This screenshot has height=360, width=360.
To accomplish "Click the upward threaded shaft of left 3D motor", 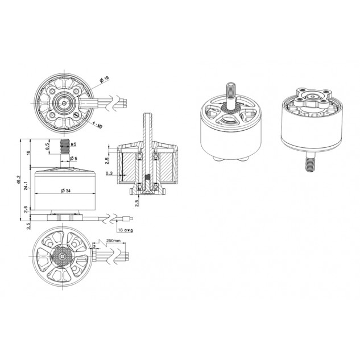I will pos(232,91).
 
